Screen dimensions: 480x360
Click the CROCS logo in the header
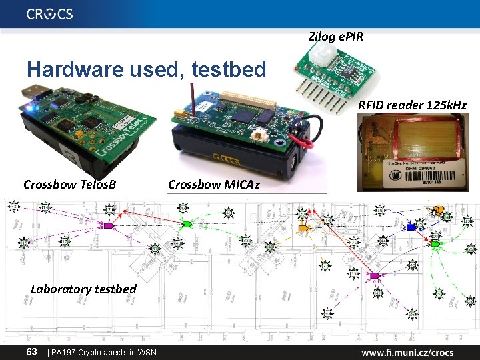point(50,14)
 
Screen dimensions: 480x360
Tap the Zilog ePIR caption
point(336,36)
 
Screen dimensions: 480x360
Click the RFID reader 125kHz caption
point(412,105)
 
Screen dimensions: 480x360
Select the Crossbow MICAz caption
point(213,184)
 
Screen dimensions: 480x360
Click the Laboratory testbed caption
point(83,289)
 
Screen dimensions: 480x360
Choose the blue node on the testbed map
point(411,227)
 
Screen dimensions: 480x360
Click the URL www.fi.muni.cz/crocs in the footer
point(407,352)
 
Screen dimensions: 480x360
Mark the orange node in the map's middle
point(304,229)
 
